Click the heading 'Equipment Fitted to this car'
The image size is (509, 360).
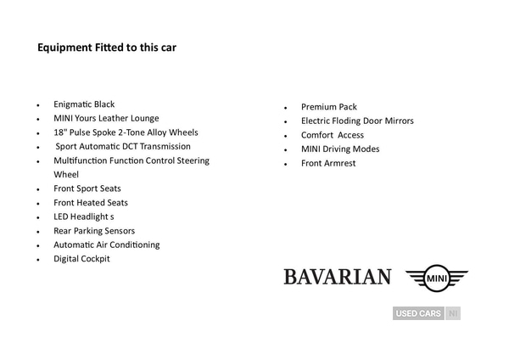tap(106, 48)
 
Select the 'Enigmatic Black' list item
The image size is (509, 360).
tap(84, 104)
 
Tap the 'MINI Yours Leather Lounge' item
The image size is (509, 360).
tap(106, 118)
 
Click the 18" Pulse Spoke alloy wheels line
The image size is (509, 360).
tap(126, 132)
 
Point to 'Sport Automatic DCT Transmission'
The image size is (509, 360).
tap(123, 146)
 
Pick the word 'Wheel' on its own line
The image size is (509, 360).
tap(66, 174)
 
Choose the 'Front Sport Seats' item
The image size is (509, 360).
tap(87, 188)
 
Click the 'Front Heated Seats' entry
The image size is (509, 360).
tap(91, 202)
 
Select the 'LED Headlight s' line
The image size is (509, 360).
tap(83, 217)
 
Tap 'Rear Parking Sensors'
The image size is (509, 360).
tap(94, 230)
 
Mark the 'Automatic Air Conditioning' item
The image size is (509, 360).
tap(106, 245)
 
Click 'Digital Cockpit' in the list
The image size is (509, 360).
tap(81, 258)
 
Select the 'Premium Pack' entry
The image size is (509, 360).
tap(329, 107)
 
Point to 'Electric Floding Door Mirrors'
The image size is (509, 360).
tap(357, 121)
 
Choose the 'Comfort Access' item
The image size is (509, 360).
tap(333, 135)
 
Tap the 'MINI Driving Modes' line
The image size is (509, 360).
tap(340, 149)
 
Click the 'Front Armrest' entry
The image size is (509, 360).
tap(328, 163)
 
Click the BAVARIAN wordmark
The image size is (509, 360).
tap(338, 277)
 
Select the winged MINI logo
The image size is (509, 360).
tap(437, 277)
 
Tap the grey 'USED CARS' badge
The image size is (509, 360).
tap(418, 313)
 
